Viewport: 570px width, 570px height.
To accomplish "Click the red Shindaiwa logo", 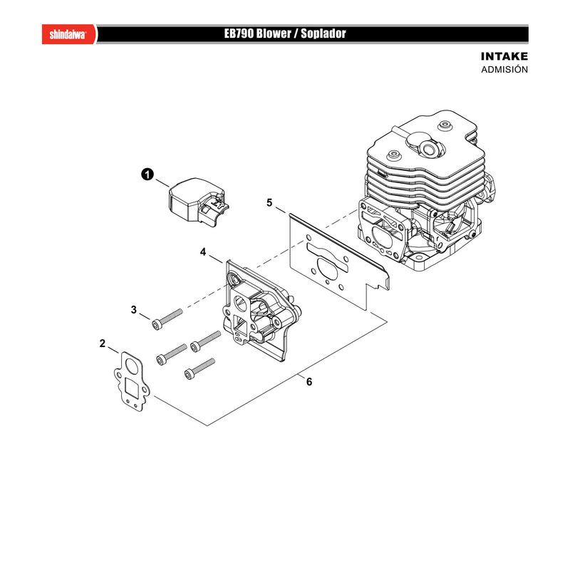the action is (x=69, y=34).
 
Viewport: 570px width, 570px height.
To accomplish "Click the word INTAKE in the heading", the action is (x=504, y=56).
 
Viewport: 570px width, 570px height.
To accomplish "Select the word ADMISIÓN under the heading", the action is (x=504, y=69).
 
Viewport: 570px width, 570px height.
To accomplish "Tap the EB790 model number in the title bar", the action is (x=239, y=33).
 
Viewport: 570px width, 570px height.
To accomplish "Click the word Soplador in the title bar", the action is (x=323, y=33).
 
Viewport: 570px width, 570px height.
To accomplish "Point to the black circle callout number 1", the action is (x=147, y=175).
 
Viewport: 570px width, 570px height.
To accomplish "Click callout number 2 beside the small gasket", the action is (x=103, y=343).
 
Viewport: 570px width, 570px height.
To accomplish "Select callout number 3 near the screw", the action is (x=134, y=310).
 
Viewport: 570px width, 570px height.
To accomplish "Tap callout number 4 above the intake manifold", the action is (x=203, y=252).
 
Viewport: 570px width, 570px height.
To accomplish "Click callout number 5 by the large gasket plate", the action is (x=269, y=202).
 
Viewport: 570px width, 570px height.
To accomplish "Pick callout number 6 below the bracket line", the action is (x=309, y=382).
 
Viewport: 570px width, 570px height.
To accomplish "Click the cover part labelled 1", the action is (x=198, y=202).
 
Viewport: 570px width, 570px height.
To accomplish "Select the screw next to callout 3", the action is (x=167, y=319).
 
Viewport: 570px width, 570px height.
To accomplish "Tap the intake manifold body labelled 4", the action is (x=261, y=309).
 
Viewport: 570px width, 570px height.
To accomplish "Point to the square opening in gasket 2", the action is (x=133, y=387).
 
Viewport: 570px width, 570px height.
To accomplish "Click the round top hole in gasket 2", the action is (x=131, y=366).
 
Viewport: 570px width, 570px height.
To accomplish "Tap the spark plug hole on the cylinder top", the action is (x=430, y=148).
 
